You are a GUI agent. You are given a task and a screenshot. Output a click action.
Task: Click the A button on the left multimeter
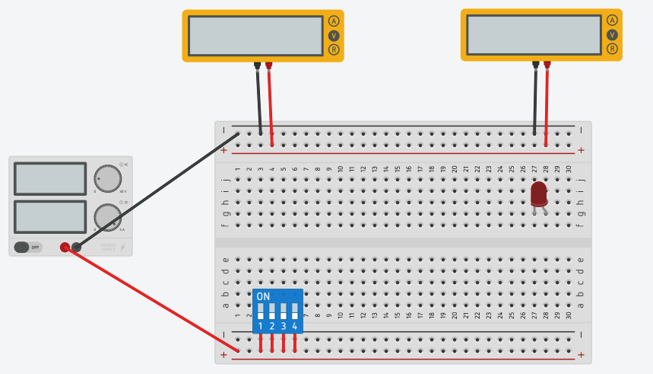click(333, 21)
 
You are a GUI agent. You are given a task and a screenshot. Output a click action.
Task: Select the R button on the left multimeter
click(333, 50)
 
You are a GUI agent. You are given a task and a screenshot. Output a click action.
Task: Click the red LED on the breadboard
click(538, 193)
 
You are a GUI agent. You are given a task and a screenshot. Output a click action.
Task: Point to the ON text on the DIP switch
click(263, 296)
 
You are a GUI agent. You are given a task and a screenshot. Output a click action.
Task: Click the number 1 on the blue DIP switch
click(261, 326)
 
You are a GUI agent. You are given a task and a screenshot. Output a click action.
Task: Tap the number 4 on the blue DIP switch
click(295, 326)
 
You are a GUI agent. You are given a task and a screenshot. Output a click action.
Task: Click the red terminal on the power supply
click(65, 247)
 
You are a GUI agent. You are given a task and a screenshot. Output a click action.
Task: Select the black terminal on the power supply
click(76, 247)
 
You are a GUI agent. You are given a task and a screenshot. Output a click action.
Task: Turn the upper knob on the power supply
click(107, 179)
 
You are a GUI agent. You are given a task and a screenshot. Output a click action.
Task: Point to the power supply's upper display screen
click(50, 179)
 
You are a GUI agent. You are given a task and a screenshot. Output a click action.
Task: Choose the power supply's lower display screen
click(50, 216)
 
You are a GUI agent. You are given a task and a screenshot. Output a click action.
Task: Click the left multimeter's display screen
click(255, 35)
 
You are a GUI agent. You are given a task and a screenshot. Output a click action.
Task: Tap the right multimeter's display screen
click(534, 34)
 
